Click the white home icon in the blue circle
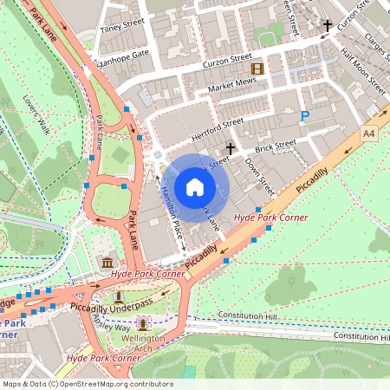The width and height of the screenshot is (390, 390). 195,187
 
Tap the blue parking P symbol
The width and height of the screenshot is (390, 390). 304,115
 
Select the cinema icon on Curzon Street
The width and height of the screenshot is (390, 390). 257,68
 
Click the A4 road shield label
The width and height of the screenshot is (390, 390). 369,133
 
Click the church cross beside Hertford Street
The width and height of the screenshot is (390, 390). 231,149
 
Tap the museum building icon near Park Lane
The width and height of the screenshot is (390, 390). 107,262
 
